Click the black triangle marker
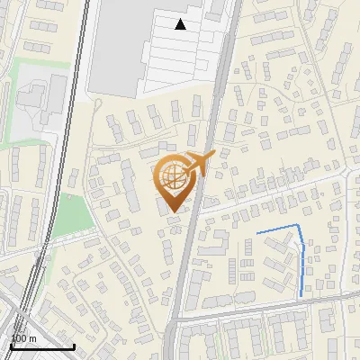pos(181,24)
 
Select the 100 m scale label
pos(22,338)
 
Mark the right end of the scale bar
pos(74,346)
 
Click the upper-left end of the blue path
pos(257,234)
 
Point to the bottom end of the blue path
pos(301,295)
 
